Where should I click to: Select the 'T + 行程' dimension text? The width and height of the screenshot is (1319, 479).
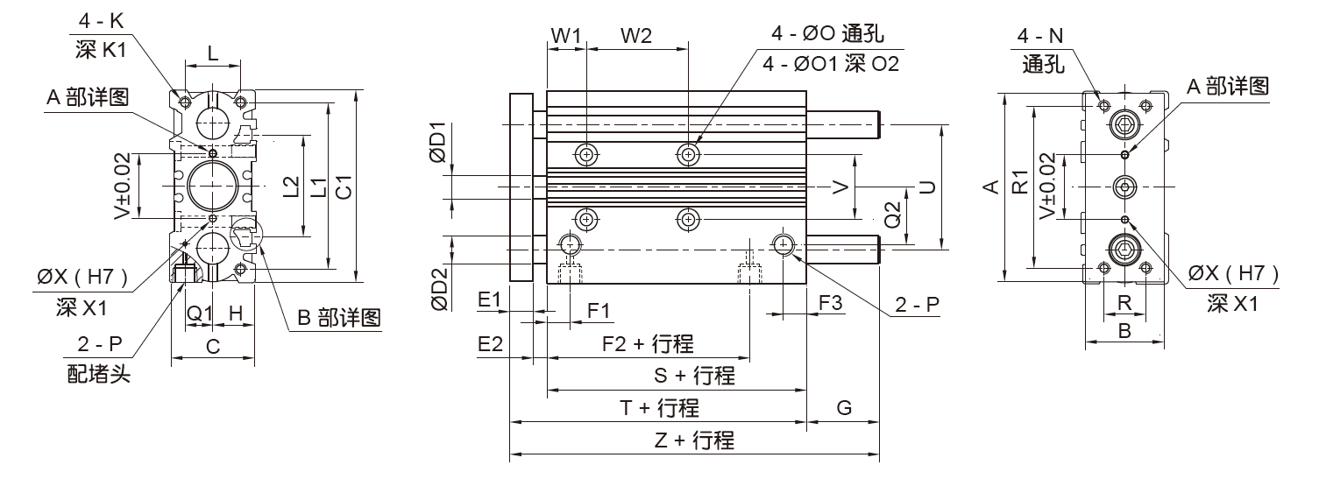coord(659,408)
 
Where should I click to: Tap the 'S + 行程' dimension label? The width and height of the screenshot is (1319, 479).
coord(694,377)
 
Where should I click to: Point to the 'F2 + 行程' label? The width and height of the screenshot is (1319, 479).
coord(648,343)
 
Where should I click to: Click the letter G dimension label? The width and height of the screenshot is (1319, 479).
coord(844,408)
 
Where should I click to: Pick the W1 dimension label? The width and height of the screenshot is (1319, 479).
coord(566,36)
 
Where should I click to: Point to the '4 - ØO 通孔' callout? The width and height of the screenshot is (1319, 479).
coord(827,35)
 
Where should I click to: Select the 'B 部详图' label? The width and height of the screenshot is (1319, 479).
coord(338,318)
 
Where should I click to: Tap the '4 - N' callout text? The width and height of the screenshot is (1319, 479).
coord(1040,36)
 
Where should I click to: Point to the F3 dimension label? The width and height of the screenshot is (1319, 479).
coord(830,302)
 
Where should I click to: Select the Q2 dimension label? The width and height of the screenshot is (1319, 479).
coord(893,215)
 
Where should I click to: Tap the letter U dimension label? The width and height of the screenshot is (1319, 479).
coord(927,187)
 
